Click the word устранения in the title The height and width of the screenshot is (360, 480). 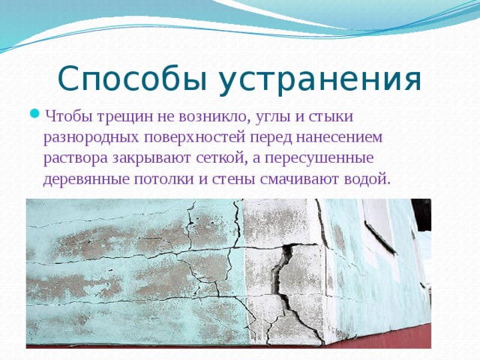tap(320, 81)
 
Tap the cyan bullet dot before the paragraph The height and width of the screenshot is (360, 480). tap(35, 114)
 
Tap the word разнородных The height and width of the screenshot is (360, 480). tap(91, 138)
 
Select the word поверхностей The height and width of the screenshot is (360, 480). tap(195, 138)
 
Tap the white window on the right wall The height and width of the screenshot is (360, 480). tap(377, 225)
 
